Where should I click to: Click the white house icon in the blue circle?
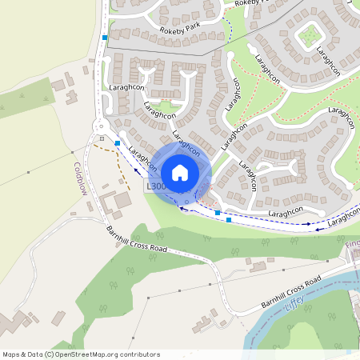(x=180, y=172)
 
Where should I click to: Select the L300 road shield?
(x=155, y=186)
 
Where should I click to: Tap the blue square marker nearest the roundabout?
(x=118, y=142)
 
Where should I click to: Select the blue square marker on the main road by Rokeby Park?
(x=104, y=37)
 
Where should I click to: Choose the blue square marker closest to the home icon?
(x=217, y=213)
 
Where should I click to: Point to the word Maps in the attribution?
(x=11, y=354)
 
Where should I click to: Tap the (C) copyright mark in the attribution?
(x=49, y=354)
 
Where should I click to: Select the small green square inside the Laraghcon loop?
(x=308, y=34)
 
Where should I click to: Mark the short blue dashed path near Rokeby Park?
(x=230, y=30)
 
